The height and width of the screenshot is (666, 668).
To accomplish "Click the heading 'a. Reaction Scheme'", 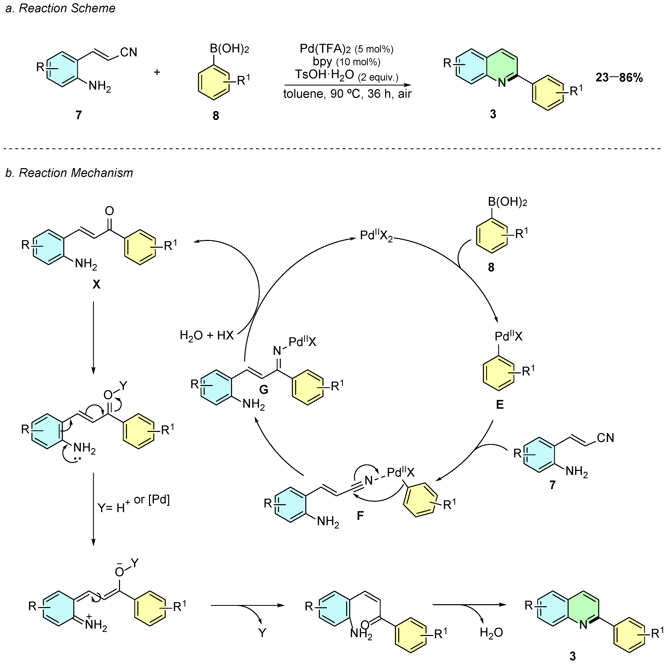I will [60, 8].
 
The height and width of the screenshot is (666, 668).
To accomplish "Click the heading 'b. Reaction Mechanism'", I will [69, 173].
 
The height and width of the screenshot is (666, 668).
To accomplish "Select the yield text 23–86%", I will [619, 77].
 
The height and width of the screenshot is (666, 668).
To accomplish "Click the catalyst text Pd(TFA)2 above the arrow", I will [325, 49].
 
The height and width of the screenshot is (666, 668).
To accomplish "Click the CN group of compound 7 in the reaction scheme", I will [129, 52].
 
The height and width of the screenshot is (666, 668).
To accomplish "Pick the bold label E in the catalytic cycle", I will [500, 404].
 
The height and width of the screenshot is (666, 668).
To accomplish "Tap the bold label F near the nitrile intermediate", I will [360, 516].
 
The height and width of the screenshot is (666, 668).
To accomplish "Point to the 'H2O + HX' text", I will [207, 335].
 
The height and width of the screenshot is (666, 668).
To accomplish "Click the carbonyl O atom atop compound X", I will [109, 211].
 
